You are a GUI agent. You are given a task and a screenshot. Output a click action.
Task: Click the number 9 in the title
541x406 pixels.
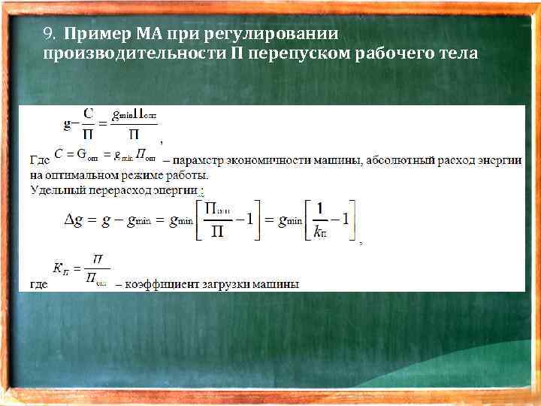point(48,35)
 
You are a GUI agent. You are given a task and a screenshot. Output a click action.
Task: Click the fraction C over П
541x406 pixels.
point(89,124)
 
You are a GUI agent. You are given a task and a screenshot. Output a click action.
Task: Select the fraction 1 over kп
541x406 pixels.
point(322,220)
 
